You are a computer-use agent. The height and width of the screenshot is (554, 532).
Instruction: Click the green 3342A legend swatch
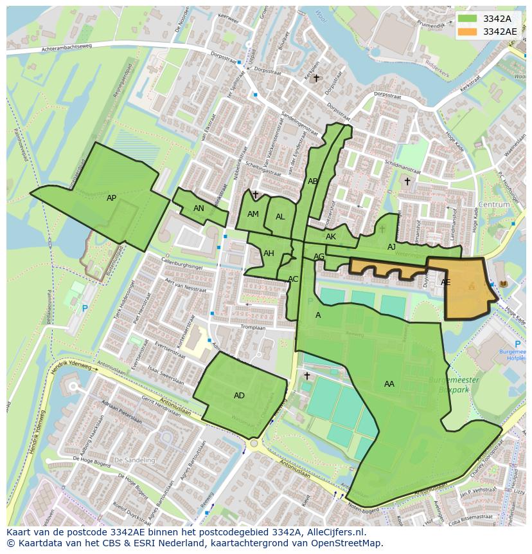click(x=468, y=19)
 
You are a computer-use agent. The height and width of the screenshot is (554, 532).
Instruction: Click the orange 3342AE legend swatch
click(x=468, y=31)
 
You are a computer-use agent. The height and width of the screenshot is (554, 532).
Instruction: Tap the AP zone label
click(x=112, y=198)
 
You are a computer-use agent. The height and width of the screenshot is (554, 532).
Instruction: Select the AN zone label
click(x=199, y=208)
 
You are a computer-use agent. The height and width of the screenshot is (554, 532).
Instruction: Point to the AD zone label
click(x=239, y=396)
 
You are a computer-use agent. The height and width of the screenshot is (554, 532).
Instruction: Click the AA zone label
click(x=389, y=384)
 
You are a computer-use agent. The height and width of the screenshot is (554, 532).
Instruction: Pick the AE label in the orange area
click(x=445, y=282)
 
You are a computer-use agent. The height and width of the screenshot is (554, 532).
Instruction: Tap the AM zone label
click(x=253, y=214)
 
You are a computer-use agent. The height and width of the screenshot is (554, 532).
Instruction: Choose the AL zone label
click(x=280, y=217)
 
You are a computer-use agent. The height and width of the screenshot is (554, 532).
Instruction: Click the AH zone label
click(x=269, y=254)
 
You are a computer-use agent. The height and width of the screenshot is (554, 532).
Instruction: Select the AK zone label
click(x=331, y=237)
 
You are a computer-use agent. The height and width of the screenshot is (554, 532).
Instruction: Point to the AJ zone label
click(x=391, y=247)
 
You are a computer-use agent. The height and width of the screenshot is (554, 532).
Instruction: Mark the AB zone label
click(x=313, y=181)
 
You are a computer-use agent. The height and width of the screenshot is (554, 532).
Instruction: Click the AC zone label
click(x=293, y=279)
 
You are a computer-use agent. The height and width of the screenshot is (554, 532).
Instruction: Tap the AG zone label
click(x=319, y=257)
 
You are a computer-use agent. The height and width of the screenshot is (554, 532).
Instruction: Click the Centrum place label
click(x=494, y=205)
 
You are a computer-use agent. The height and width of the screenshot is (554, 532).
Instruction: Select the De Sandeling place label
click(x=134, y=461)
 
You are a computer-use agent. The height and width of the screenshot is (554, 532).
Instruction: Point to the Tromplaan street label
click(x=253, y=327)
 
